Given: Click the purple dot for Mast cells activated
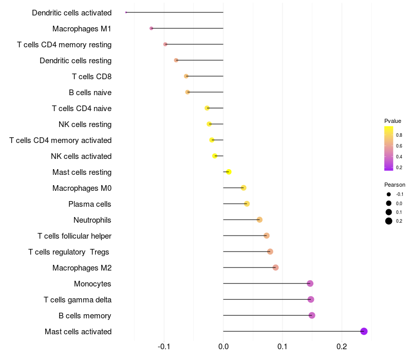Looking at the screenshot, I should pyautogui.click(x=364, y=331).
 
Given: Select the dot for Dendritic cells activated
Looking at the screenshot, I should pyautogui.click(x=126, y=12).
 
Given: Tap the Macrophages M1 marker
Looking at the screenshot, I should pyautogui.click(x=151, y=28).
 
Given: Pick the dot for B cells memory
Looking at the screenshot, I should pyautogui.click(x=312, y=315).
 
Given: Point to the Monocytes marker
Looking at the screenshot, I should pyautogui.click(x=310, y=283).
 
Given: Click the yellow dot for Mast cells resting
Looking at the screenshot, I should pyautogui.click(x=229, y=172).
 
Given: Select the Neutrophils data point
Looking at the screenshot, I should pyautogui.click(x=259, y=220).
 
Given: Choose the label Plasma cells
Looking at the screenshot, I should pyautogui.click(x=90, y=204).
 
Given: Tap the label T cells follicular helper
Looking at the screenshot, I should pyautogui.click(x=74, y=236).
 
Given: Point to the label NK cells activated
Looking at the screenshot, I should pyautogui.click(x=81, y=156).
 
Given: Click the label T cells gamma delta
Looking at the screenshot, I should pyautogui.click(x=78, y=300).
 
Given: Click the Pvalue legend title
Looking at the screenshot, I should pyautogui.click(x=393, y=121).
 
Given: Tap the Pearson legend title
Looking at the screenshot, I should pyautogui.click(x=395, y=185).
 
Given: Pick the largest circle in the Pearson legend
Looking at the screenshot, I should pyautogui.click(x=389, y=221).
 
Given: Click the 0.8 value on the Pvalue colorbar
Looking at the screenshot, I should pyautogui.click(x=399, y=135).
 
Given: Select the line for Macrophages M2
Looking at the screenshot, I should pyautogui.click(x=249, y=267).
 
